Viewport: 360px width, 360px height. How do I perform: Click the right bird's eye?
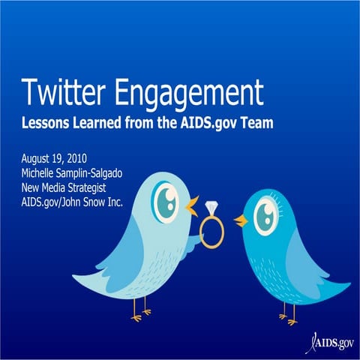coord(264,215)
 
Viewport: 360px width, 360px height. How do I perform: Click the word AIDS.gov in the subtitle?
coord(199,124)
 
